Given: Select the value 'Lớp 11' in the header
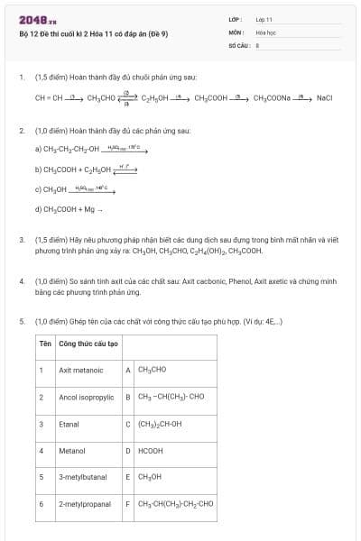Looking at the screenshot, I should (x=264, y=19).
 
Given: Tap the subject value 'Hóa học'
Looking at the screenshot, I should (x=264, y=32).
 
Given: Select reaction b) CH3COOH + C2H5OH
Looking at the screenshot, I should (x=72, y=169).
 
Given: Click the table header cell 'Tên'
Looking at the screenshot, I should (x=44, y=344).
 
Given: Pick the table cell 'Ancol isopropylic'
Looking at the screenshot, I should (x=86, y=397).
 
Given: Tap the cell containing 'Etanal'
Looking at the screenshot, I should (x=69, y=423).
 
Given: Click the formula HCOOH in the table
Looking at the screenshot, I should (x=150, y=450).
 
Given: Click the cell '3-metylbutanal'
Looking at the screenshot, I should (x=82, y=476).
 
